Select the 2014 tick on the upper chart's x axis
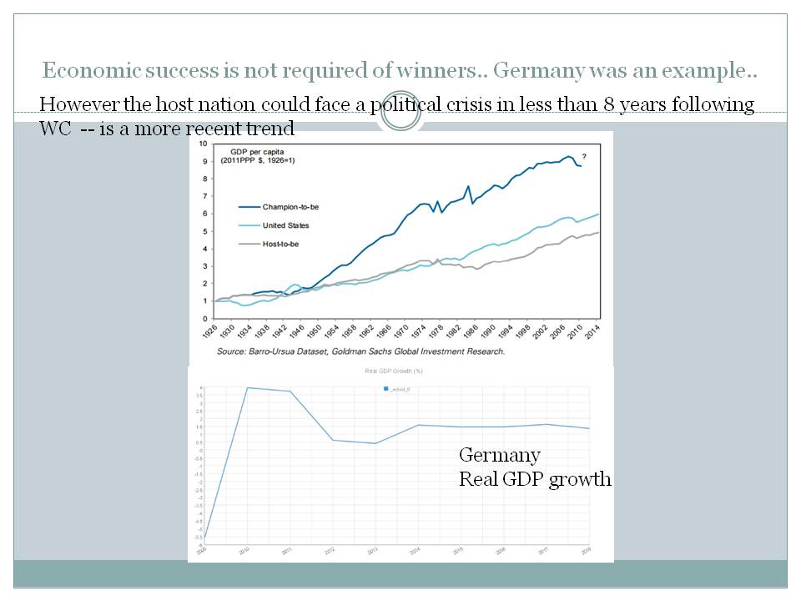[599, 332]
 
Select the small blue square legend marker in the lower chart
[385, 389]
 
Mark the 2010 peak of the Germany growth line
[248, 387]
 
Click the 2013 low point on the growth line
[375, 443]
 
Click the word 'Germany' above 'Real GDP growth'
[500, 456]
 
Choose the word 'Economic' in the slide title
[82, 71]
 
